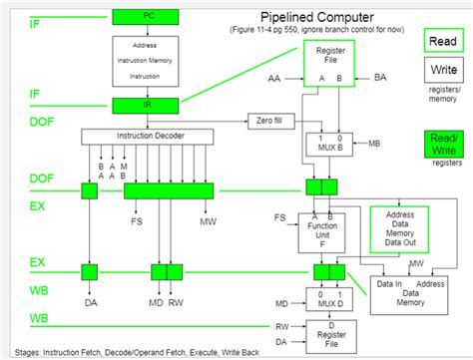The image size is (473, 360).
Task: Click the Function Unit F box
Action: (320, 232)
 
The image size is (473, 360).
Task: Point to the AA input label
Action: (274, 78)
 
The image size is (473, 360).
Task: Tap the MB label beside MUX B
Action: (373, 144)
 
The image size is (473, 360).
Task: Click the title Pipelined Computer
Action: (316, 17)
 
